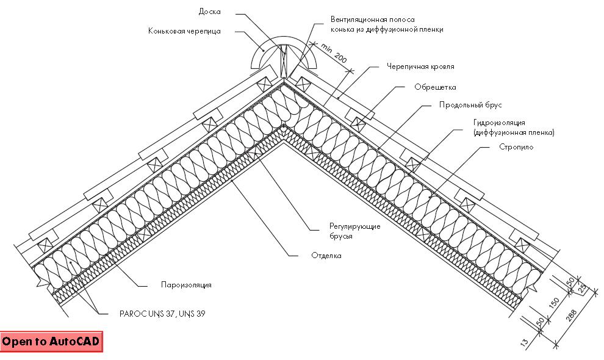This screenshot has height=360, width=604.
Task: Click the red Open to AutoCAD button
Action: pyautogui.click(x=51, y=341)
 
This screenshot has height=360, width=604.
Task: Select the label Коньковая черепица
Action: pyautogui.click(x=184, y=31)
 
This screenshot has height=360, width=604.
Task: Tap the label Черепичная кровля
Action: pyautogui.click(x=420, y=66)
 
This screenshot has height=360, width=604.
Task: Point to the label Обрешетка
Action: pyautogui.click(x=435, y=87)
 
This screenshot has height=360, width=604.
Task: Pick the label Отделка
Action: pyautogui.click(x=326, y=256)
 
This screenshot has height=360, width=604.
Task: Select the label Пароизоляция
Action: pyautogui.click(x=186, y=284)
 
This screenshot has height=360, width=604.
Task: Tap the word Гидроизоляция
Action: pyautogui.click(x=498, y=123)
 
